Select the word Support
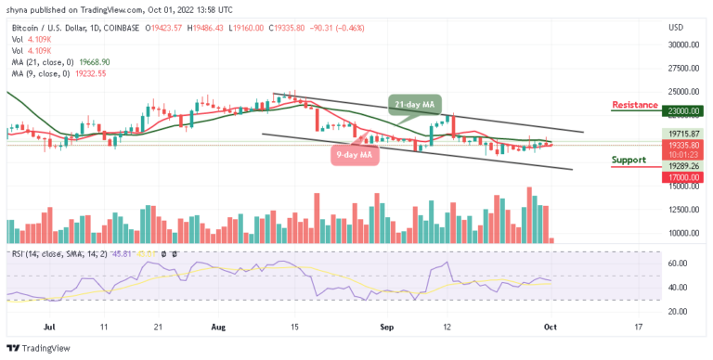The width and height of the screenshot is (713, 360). (x=629, y=160)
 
